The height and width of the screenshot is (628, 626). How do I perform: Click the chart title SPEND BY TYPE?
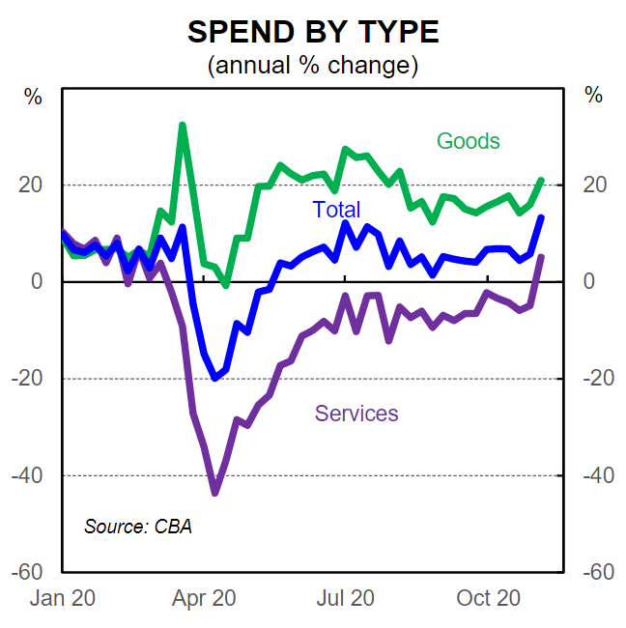click(x=313, y=32)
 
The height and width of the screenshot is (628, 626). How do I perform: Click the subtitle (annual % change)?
click(x=313, y=66)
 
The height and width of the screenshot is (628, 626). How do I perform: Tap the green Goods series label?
click(x=469, y=141)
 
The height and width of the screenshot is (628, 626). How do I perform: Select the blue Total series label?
click(x=336, y=210)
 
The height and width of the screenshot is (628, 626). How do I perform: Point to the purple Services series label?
click(x=356, y=414)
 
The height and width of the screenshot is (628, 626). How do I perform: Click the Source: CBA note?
click(x=138, y=527)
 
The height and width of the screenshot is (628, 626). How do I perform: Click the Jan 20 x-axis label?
click(x=63, y=598)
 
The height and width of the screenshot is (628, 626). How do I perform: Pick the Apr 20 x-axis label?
click(x=203, y=598)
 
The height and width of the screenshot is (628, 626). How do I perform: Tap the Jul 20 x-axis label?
click(x=345, y=598)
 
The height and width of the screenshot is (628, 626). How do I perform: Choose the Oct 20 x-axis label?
click(x=488, y=598)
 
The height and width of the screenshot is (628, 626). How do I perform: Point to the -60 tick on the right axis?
click(x=598, y=572)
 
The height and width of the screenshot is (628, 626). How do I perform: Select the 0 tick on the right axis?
click(x=587, y=281)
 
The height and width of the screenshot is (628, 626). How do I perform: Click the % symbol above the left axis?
click(x=33, y=96)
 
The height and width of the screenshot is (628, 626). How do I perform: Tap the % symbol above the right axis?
click(x=593, y=96)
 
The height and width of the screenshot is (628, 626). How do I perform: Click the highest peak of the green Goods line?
click(x=183, y=126)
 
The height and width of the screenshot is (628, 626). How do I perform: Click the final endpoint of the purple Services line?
click(x=541, y=257)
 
